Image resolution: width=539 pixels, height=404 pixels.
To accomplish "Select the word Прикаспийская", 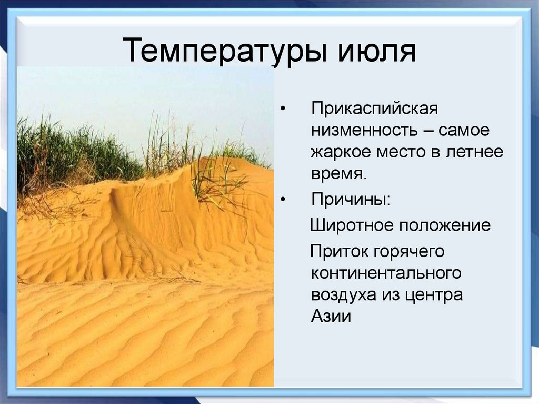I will (x=374, y=110).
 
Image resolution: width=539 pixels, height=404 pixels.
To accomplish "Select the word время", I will (x=337, y=173).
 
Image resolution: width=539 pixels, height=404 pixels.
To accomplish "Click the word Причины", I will (x=351, y=200).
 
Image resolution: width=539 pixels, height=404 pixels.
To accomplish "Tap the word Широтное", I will (x=351, y=225).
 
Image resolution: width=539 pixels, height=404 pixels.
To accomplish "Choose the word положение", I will (x=444, y=225).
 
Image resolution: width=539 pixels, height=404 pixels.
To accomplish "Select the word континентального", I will (x=386, y=273).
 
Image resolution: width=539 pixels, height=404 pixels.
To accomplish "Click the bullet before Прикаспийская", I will (x=284, y=110).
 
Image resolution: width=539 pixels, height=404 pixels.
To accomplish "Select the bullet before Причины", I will (x=284, y=200).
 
